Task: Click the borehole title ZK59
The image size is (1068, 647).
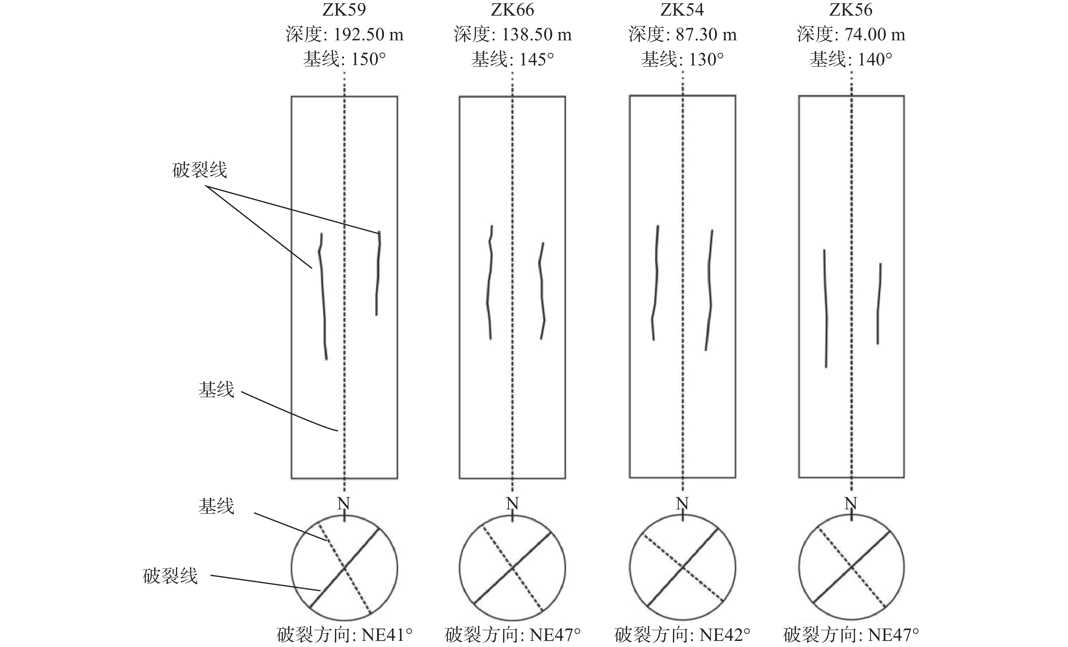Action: [344, 9]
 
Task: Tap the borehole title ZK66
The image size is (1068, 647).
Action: [512, 9]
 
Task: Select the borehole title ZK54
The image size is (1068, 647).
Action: [682, 9]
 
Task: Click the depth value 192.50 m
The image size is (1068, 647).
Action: [369, 35]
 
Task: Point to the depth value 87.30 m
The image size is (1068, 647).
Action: [706, 35]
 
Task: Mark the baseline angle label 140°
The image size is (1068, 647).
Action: [875, 59]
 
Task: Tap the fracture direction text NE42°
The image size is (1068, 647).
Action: [725, 635]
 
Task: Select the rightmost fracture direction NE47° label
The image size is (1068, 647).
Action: [893, 635]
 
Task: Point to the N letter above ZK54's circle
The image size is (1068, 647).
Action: [682, 504]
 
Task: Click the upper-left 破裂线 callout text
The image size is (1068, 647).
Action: [199, 170]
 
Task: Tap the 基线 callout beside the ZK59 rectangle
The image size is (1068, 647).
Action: [216, 389]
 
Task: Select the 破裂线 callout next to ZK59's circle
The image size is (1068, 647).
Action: [170, 576]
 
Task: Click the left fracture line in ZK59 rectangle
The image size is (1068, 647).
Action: [322, 295]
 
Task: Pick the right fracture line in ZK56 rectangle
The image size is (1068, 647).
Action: [879, 303]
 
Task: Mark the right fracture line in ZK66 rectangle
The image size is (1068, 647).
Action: [541, 290]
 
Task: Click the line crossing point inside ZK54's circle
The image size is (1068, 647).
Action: [683, 566]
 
